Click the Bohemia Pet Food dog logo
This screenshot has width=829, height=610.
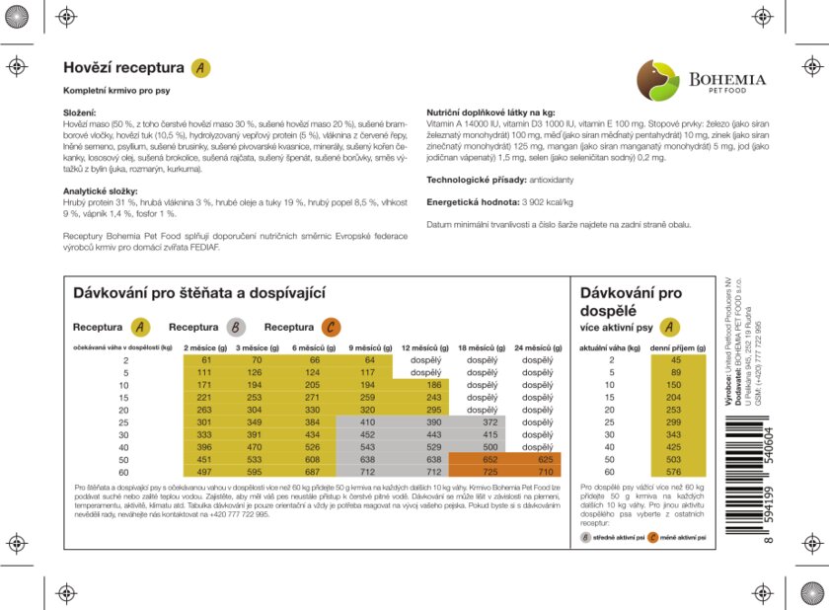click(x=657, y=80)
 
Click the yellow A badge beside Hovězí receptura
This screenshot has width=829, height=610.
click(x=200, y=68)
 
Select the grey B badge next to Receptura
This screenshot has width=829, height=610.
click(x=236, y=328)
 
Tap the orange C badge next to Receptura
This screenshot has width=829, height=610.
click(x=331, y=328)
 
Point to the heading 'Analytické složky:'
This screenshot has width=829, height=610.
click(x=101, y=191)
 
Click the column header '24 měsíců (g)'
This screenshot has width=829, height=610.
click(x=538, y=347)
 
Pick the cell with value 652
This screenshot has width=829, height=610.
click(x=483, y=459)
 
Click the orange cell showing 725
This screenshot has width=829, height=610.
click(x=483, y=472)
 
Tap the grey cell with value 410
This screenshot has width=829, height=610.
click(x=368, y=421)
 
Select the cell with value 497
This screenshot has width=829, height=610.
click(x=204, y=472)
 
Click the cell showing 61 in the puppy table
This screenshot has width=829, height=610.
click(x=204, y=360)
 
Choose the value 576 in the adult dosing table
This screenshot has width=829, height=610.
click(x=675, y=472)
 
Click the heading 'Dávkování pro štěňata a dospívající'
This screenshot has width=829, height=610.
click(x=199, y=293)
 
